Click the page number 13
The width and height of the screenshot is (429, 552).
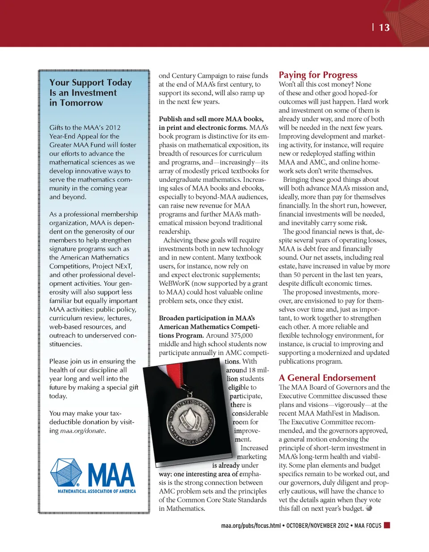384,28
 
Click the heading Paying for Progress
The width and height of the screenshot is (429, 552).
318,75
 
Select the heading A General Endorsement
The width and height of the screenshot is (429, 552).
327,378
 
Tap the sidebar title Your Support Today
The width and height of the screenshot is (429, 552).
90,83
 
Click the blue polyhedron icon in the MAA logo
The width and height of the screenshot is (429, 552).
66,473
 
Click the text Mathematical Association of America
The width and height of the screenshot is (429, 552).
97,491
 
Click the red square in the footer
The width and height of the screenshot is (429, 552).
387,525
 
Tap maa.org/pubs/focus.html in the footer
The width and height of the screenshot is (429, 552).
251,526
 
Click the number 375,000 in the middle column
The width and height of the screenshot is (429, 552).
241,335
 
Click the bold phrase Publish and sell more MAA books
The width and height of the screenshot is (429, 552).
211,119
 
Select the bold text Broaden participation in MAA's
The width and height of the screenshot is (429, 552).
206,318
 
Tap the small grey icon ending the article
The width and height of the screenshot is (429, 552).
369,508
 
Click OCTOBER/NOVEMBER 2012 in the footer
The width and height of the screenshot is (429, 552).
317,526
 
